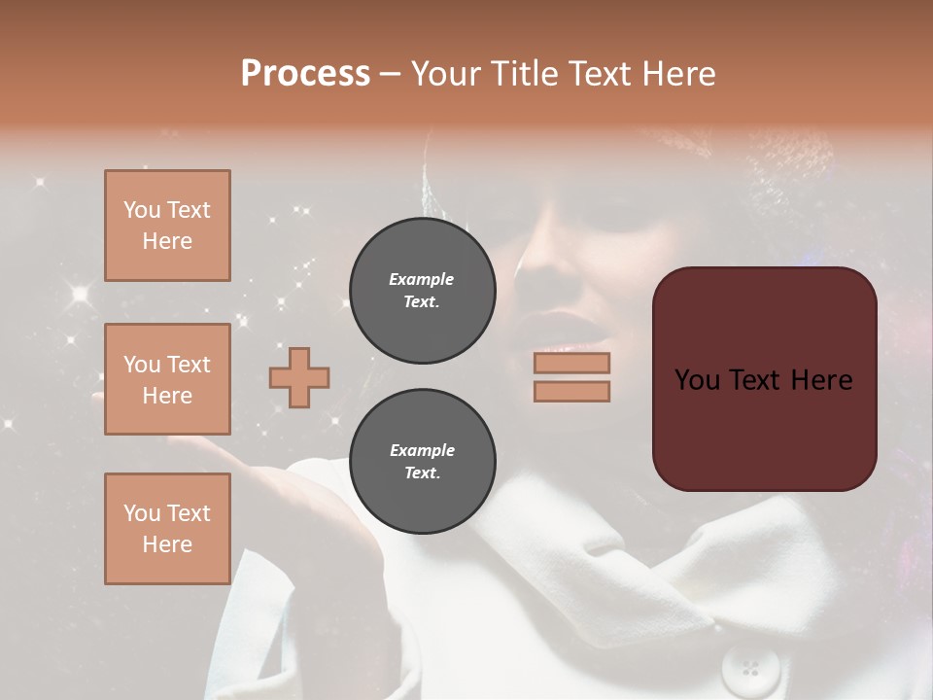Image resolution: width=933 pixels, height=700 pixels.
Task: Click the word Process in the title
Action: point(305,74)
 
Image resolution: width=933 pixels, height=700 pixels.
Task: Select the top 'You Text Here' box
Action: point(167,226)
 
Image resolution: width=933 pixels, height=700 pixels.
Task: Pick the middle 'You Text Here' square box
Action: point(167,379)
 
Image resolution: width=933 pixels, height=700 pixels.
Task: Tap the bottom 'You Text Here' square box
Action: point(167,529)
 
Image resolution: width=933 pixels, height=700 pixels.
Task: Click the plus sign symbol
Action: point(299,377)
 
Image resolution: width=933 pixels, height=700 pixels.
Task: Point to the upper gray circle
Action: point(422,290)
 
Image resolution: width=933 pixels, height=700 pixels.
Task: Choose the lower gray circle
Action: point(422,462)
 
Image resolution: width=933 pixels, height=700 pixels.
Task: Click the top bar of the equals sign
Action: point(571,364)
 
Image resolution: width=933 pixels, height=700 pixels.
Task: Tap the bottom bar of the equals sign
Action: point(571,391)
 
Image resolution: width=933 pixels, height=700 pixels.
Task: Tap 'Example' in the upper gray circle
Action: point(422,279)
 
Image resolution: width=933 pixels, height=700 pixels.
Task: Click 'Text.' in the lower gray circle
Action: point(422,472)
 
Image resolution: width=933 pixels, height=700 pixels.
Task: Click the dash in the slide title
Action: point(390,74)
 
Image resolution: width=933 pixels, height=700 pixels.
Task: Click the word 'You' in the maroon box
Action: point(697,380)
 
